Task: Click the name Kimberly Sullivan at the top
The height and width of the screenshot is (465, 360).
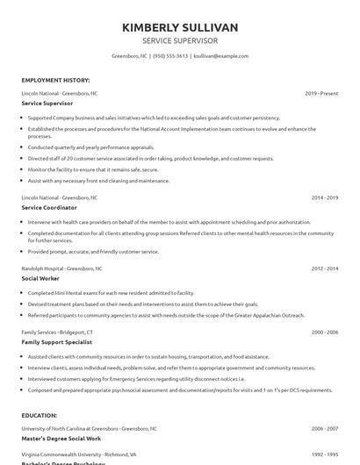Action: pyautogui.click(x=180, y=27)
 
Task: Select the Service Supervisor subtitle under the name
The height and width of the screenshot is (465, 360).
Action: pyautogui.click(x=180, y=40)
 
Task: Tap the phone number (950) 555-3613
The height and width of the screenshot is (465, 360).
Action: pyautogui.click(x=169, y=55)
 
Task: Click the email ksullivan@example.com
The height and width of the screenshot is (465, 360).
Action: pyautogui.click(x=220, y=55)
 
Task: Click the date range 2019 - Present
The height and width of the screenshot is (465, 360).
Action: pyautogui.click(x=322, y=92)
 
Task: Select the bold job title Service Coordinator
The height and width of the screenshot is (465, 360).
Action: pyautogui.click(x=48, y=208)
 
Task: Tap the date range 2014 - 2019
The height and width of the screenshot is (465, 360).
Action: pyautogui.click(x=325, y=198)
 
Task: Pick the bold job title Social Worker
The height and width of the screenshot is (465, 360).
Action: pyautogui.click(x=40, y=278)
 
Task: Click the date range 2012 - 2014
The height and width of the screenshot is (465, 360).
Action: pyautogui.click(x=325, y=268)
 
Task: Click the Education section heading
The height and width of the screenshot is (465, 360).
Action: pyautogui.click(x=39, y=417)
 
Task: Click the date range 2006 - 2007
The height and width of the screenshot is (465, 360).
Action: pyautogui.click(x=325, y=428)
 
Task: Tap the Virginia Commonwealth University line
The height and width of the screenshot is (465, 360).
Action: pyautogui.click(x=80, y=455)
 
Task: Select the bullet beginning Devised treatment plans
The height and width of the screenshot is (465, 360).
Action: pyautogui.click(x=122, y=302)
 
